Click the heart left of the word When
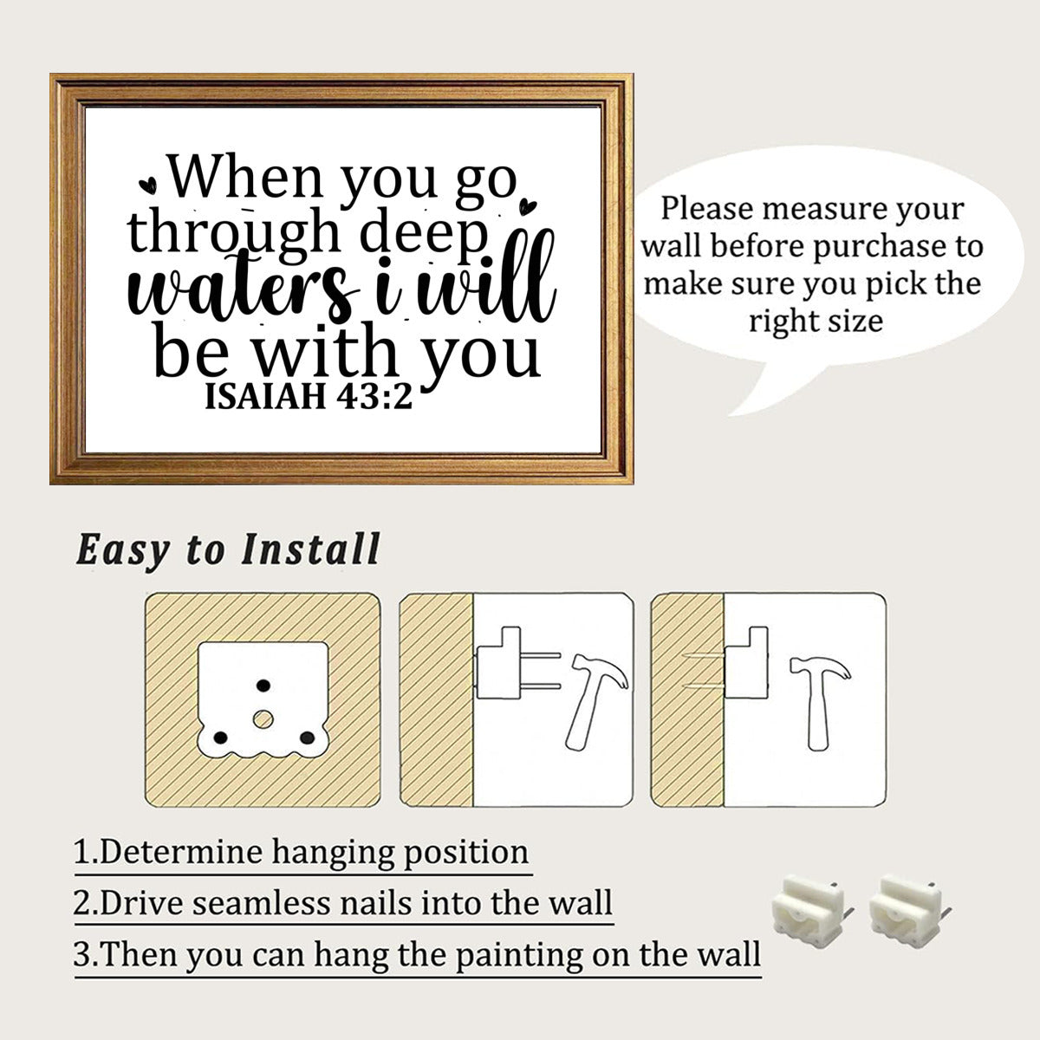[147, 185]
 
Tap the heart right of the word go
[527, 207]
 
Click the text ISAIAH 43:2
[309, 396]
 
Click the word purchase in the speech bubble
[881, 247]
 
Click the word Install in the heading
[310, 549]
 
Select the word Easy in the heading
[122, 551]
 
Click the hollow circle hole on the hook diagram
[263, 718]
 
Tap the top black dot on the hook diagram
[263, 686]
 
